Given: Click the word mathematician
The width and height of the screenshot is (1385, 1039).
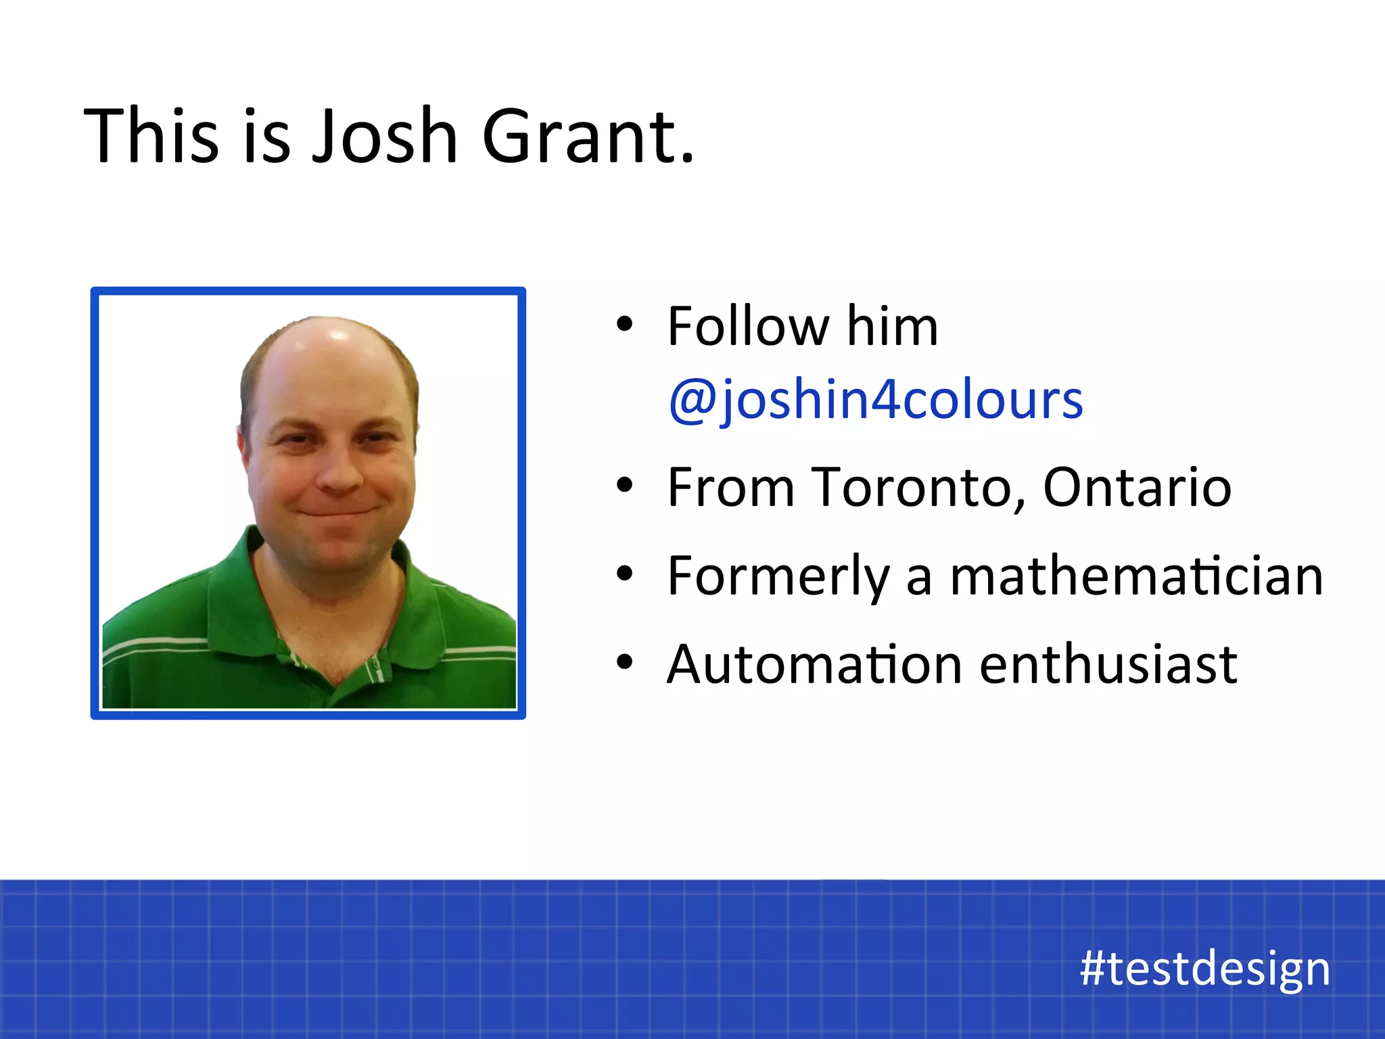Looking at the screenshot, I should coord(1136,576).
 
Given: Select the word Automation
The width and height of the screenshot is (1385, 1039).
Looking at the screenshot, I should coord(814,664).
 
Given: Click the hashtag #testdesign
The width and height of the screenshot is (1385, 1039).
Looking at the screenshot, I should coord(1205,969).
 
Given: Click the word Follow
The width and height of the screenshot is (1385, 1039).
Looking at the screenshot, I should coord(748,326).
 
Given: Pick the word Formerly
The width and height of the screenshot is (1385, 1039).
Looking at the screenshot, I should coord(778,576).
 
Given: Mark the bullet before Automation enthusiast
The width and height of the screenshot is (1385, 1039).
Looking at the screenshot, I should coord(624,663).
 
